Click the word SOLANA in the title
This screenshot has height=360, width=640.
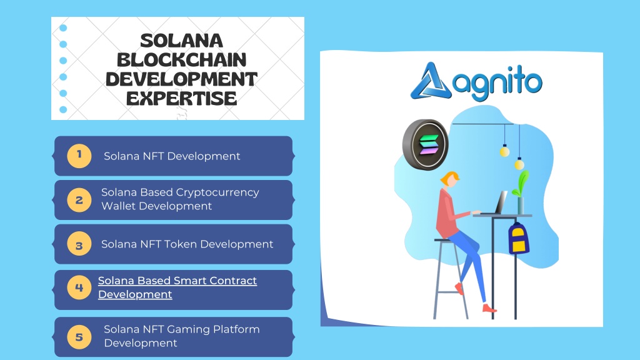(x=182, y=41)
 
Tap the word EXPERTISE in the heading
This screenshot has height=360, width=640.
(x=182, y=98)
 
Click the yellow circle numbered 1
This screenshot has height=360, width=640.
(x=79, y=156)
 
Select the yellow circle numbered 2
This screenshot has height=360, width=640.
(x=79, y=200)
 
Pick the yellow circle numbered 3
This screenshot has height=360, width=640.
(x=79, y=244)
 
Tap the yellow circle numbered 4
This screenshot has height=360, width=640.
(x=79, y=287)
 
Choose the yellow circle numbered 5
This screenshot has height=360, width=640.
(x=79, y=337)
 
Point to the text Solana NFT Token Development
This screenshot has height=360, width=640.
(x=187, y=244)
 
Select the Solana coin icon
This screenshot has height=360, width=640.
(x=425, y=144)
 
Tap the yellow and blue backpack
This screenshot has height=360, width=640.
(x=518, y=238)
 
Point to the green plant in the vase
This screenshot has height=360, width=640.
(x=521, y=184)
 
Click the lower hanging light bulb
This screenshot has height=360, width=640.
(x=519, y=164)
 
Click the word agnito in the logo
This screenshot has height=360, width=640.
(x=497, y=83)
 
